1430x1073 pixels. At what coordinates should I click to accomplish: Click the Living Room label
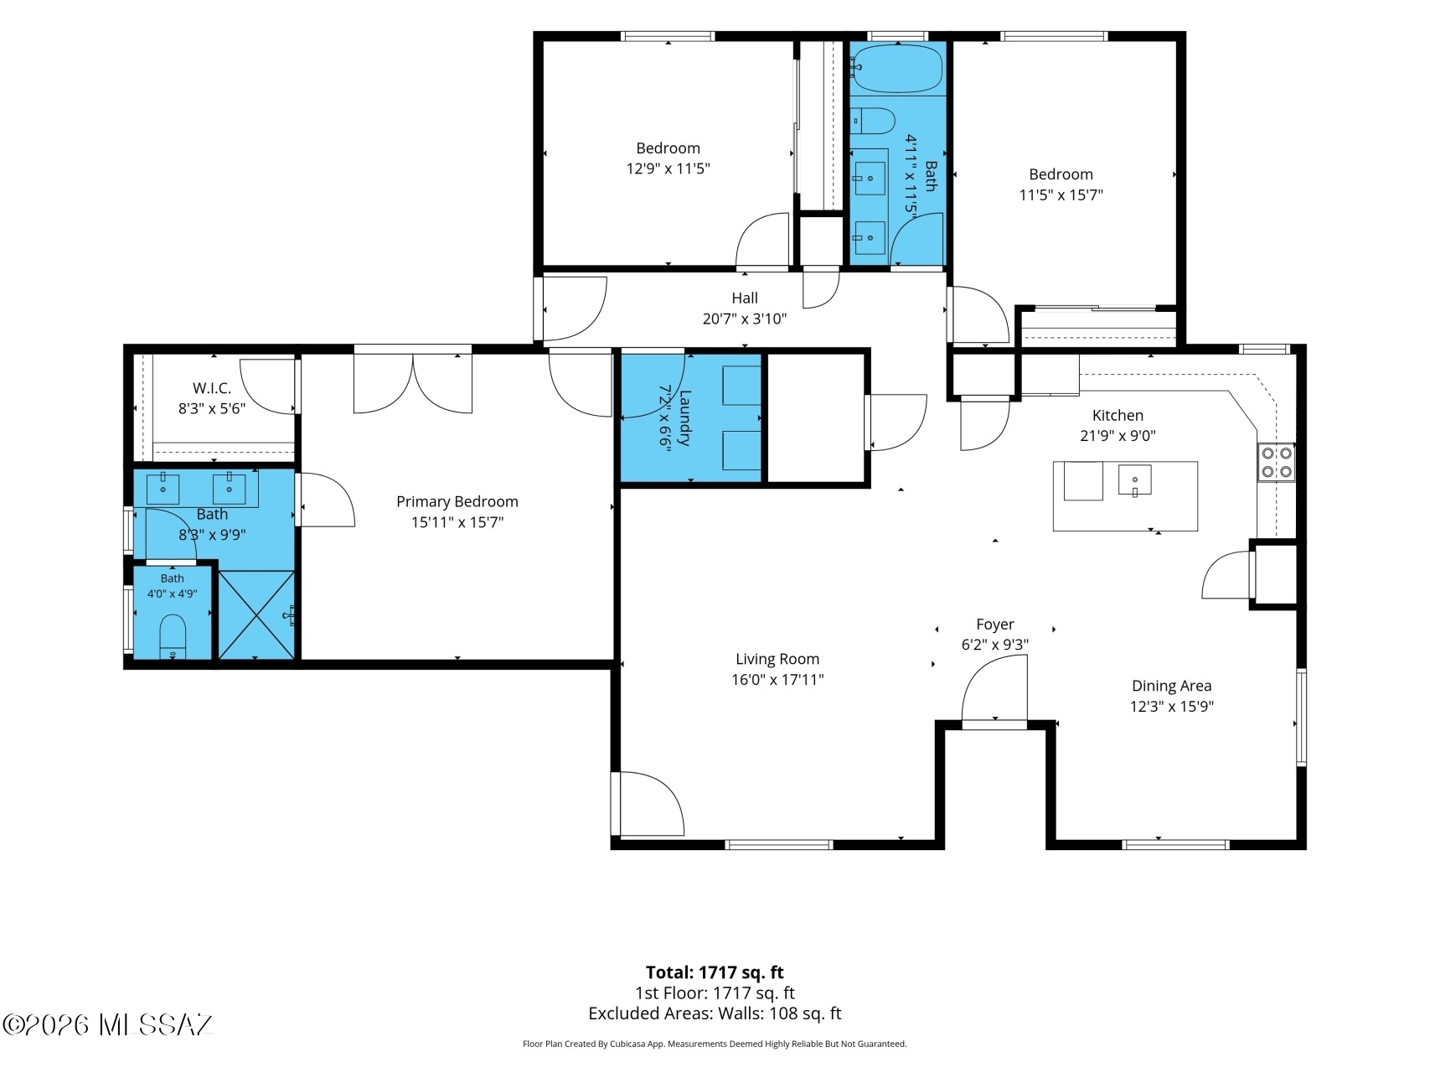[x=777, y=659]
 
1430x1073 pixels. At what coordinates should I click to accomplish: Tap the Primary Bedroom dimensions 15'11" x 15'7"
[x=457, y=522]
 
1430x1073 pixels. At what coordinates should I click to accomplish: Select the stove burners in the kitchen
[x=1276, y=462]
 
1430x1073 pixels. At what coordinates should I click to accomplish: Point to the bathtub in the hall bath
[x=897, y=69]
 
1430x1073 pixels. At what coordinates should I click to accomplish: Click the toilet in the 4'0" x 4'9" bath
[x=172, y=636]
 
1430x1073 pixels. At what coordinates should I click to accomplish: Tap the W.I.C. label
[x=212, y=388]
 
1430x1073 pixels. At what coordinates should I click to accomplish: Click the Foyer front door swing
[x=994, y=688]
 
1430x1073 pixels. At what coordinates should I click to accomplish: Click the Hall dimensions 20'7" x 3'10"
[x=745, y=319]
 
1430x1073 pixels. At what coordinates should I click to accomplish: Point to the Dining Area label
[x=1171, y=686]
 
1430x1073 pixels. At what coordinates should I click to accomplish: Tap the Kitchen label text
[x=1118, y=415]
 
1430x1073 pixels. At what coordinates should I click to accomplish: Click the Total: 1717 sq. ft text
[x=715, y=972]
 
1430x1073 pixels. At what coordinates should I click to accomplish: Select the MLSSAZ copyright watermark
[x=108, y=1024]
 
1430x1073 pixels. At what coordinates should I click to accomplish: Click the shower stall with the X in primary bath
[x=257, y=614]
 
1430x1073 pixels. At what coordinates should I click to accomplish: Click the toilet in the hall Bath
[x=872, y=121]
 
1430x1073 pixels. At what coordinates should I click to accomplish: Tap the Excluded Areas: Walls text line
[x=715, y=1013]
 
